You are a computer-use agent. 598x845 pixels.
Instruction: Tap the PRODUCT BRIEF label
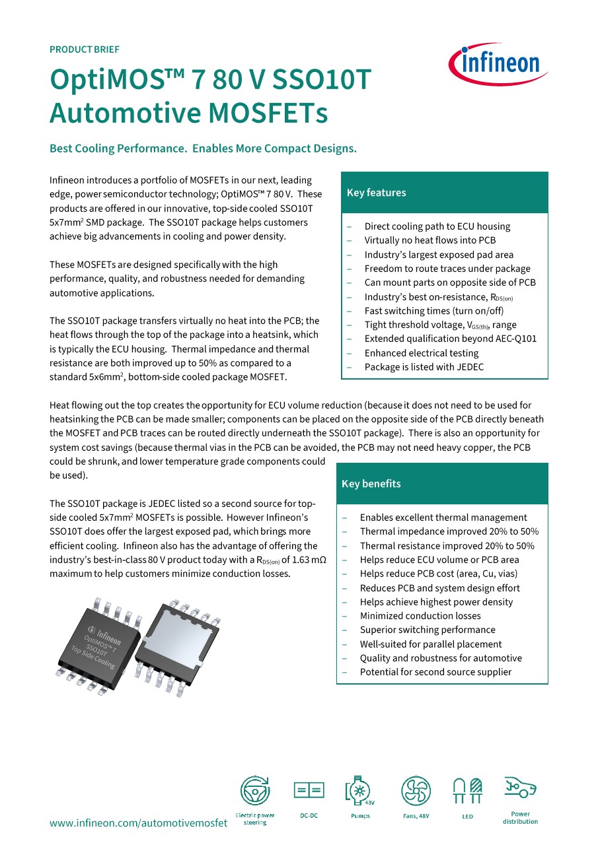point(85,50)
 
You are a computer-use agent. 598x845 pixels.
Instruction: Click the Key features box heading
point(377,193)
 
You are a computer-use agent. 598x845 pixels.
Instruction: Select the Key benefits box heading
point(371,484)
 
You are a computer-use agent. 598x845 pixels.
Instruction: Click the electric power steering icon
point(254,790)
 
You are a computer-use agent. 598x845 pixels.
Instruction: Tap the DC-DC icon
point(309,790)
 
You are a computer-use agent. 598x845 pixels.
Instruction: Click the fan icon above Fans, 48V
point(416,790)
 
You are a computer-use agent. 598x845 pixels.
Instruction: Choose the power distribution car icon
point(520,788)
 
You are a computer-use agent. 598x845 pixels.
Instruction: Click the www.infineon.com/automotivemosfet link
point(139,823)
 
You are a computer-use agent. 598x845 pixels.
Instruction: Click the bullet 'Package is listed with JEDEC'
point(424,367)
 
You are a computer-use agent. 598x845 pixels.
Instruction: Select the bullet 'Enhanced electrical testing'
point(421,353)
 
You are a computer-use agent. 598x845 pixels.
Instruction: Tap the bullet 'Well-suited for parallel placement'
point(430,644)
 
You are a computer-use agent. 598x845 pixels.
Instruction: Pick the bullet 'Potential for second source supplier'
point(435,672)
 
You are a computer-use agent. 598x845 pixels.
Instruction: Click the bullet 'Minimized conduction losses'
point(420,616)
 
